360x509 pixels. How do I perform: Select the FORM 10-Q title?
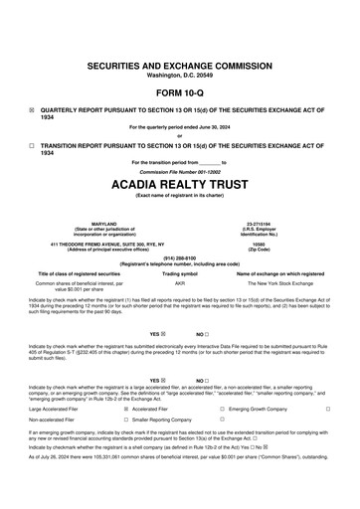[x=179, y=92]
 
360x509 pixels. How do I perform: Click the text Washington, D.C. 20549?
[x=179, y=75]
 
